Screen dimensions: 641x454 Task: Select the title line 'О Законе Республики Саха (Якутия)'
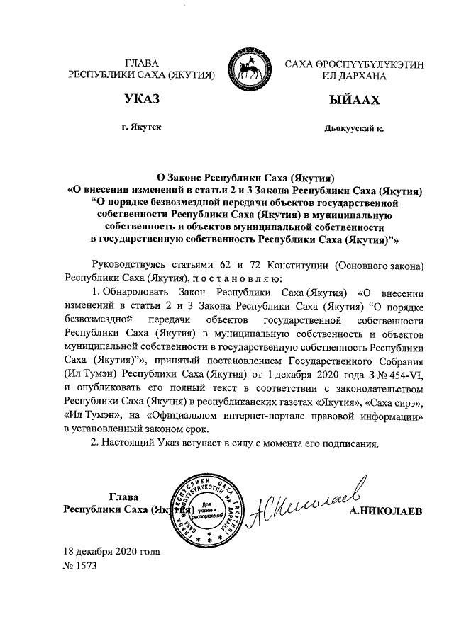[x=245, y=177]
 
